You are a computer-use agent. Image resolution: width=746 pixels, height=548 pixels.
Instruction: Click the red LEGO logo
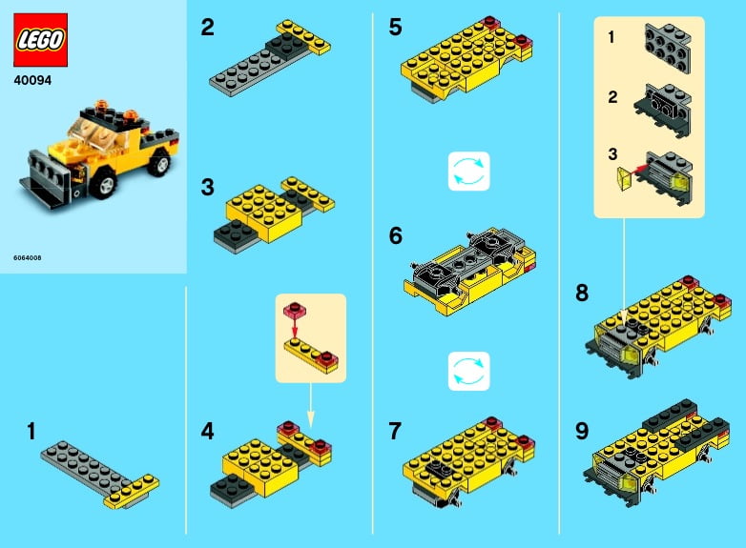[40, 39]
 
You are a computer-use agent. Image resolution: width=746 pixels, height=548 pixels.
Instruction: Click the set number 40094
[32, 80]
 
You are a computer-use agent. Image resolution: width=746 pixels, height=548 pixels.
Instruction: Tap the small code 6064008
[28, 257]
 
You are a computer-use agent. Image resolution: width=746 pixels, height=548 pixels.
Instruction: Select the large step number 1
[31, 432]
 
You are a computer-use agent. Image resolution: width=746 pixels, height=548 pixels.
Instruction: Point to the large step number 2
[208, 28]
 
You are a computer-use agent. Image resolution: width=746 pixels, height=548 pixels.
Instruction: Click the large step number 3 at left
[208, 187]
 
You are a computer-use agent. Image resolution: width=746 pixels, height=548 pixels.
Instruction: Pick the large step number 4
[208, 431]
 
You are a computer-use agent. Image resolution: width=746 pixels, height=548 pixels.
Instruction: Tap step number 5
[396, 28]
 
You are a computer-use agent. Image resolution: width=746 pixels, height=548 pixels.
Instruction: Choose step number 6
[396, 235]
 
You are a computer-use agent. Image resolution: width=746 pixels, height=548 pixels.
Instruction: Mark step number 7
[396, 431]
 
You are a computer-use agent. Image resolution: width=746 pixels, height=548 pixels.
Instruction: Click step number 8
[582, 294]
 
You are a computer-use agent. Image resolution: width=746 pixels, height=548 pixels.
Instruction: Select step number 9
[582, 431]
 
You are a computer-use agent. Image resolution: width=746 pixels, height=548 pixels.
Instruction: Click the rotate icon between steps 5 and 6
[468, 172]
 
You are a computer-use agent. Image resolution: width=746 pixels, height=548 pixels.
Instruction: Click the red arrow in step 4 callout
[295, 326]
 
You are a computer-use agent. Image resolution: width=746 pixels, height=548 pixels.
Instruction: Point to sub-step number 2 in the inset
[612, 95]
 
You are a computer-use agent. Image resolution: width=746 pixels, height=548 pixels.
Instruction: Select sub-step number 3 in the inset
[612, 152]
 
